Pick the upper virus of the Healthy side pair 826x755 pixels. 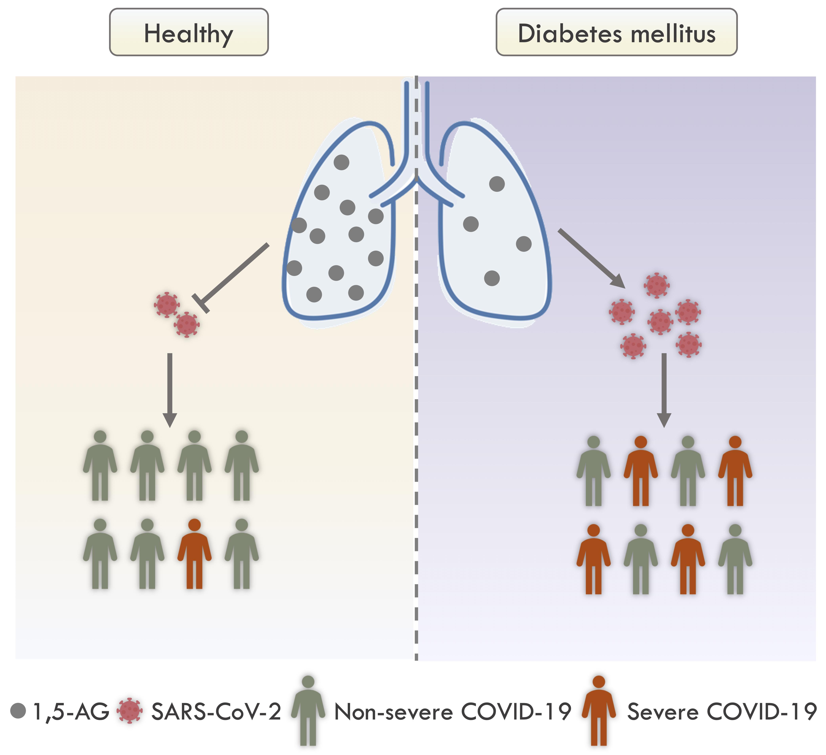[x=166, y=304]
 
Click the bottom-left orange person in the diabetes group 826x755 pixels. [x=593, y=558]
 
